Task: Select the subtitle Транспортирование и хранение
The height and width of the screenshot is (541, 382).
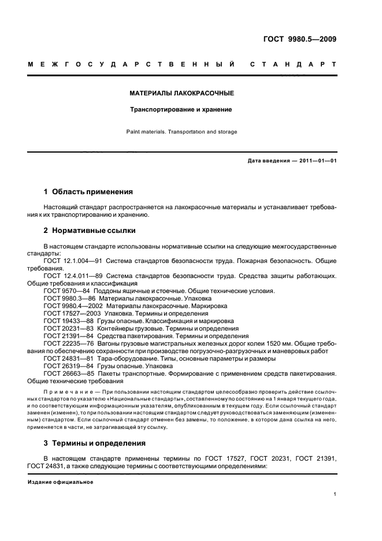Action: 181,109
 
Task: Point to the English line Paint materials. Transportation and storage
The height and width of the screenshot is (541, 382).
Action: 181,132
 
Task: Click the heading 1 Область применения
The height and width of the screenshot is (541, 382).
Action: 88,191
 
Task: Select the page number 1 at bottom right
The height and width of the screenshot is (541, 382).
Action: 335,494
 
